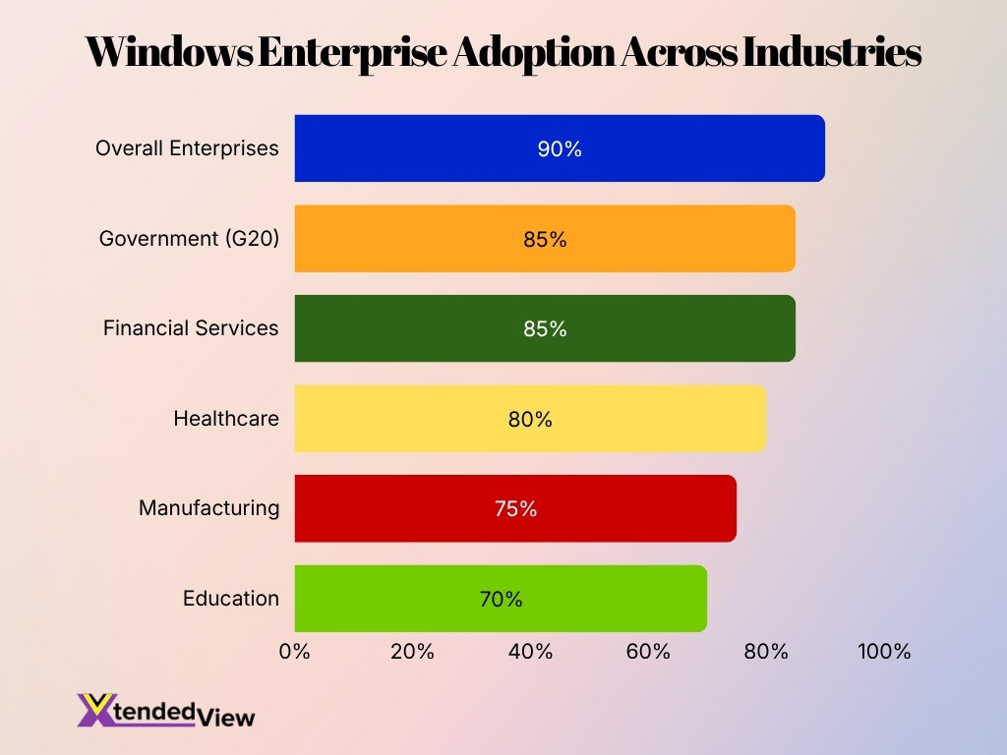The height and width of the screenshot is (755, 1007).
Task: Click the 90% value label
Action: coord(560,149)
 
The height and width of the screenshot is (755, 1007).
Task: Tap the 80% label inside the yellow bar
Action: coord(530,420)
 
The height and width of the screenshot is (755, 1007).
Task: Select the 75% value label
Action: coord(515,509)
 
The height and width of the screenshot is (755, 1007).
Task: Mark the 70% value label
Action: coord(501,599)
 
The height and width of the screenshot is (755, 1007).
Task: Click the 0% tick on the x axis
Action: coord(295,652)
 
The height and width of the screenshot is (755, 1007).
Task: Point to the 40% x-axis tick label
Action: coord(530,652)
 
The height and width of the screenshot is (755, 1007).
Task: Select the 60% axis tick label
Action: coord(648,652)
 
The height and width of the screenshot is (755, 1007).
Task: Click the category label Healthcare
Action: coord(226,419)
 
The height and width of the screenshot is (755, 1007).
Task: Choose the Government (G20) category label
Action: coord(189,239)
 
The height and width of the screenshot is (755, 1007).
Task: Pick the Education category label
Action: coord(231,599)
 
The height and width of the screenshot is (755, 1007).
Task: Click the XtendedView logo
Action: coord(165,711)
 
